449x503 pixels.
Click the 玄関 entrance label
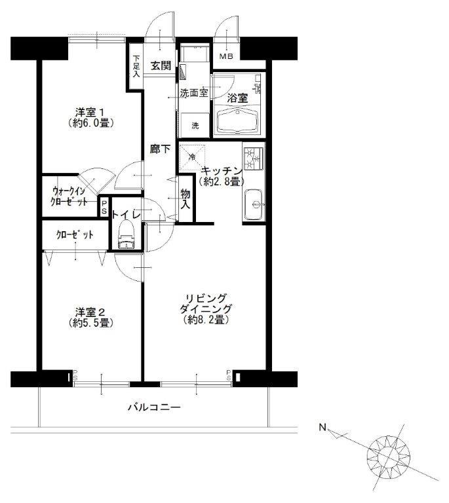(x=160, y=65)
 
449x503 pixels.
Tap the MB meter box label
(x=225, y=56)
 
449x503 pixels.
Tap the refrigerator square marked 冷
(x=192, y=157)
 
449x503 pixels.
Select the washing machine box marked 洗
(x=195, y=124)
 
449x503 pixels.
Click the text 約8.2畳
(x=206, y=320)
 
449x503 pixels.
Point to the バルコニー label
(x=154, y=407)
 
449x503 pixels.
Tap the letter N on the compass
(x=322, y=428)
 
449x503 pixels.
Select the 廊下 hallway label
(x=160, y=149)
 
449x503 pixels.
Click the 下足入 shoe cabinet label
(x=136, y=67)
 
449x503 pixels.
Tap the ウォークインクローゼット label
(x=69, y=196)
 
